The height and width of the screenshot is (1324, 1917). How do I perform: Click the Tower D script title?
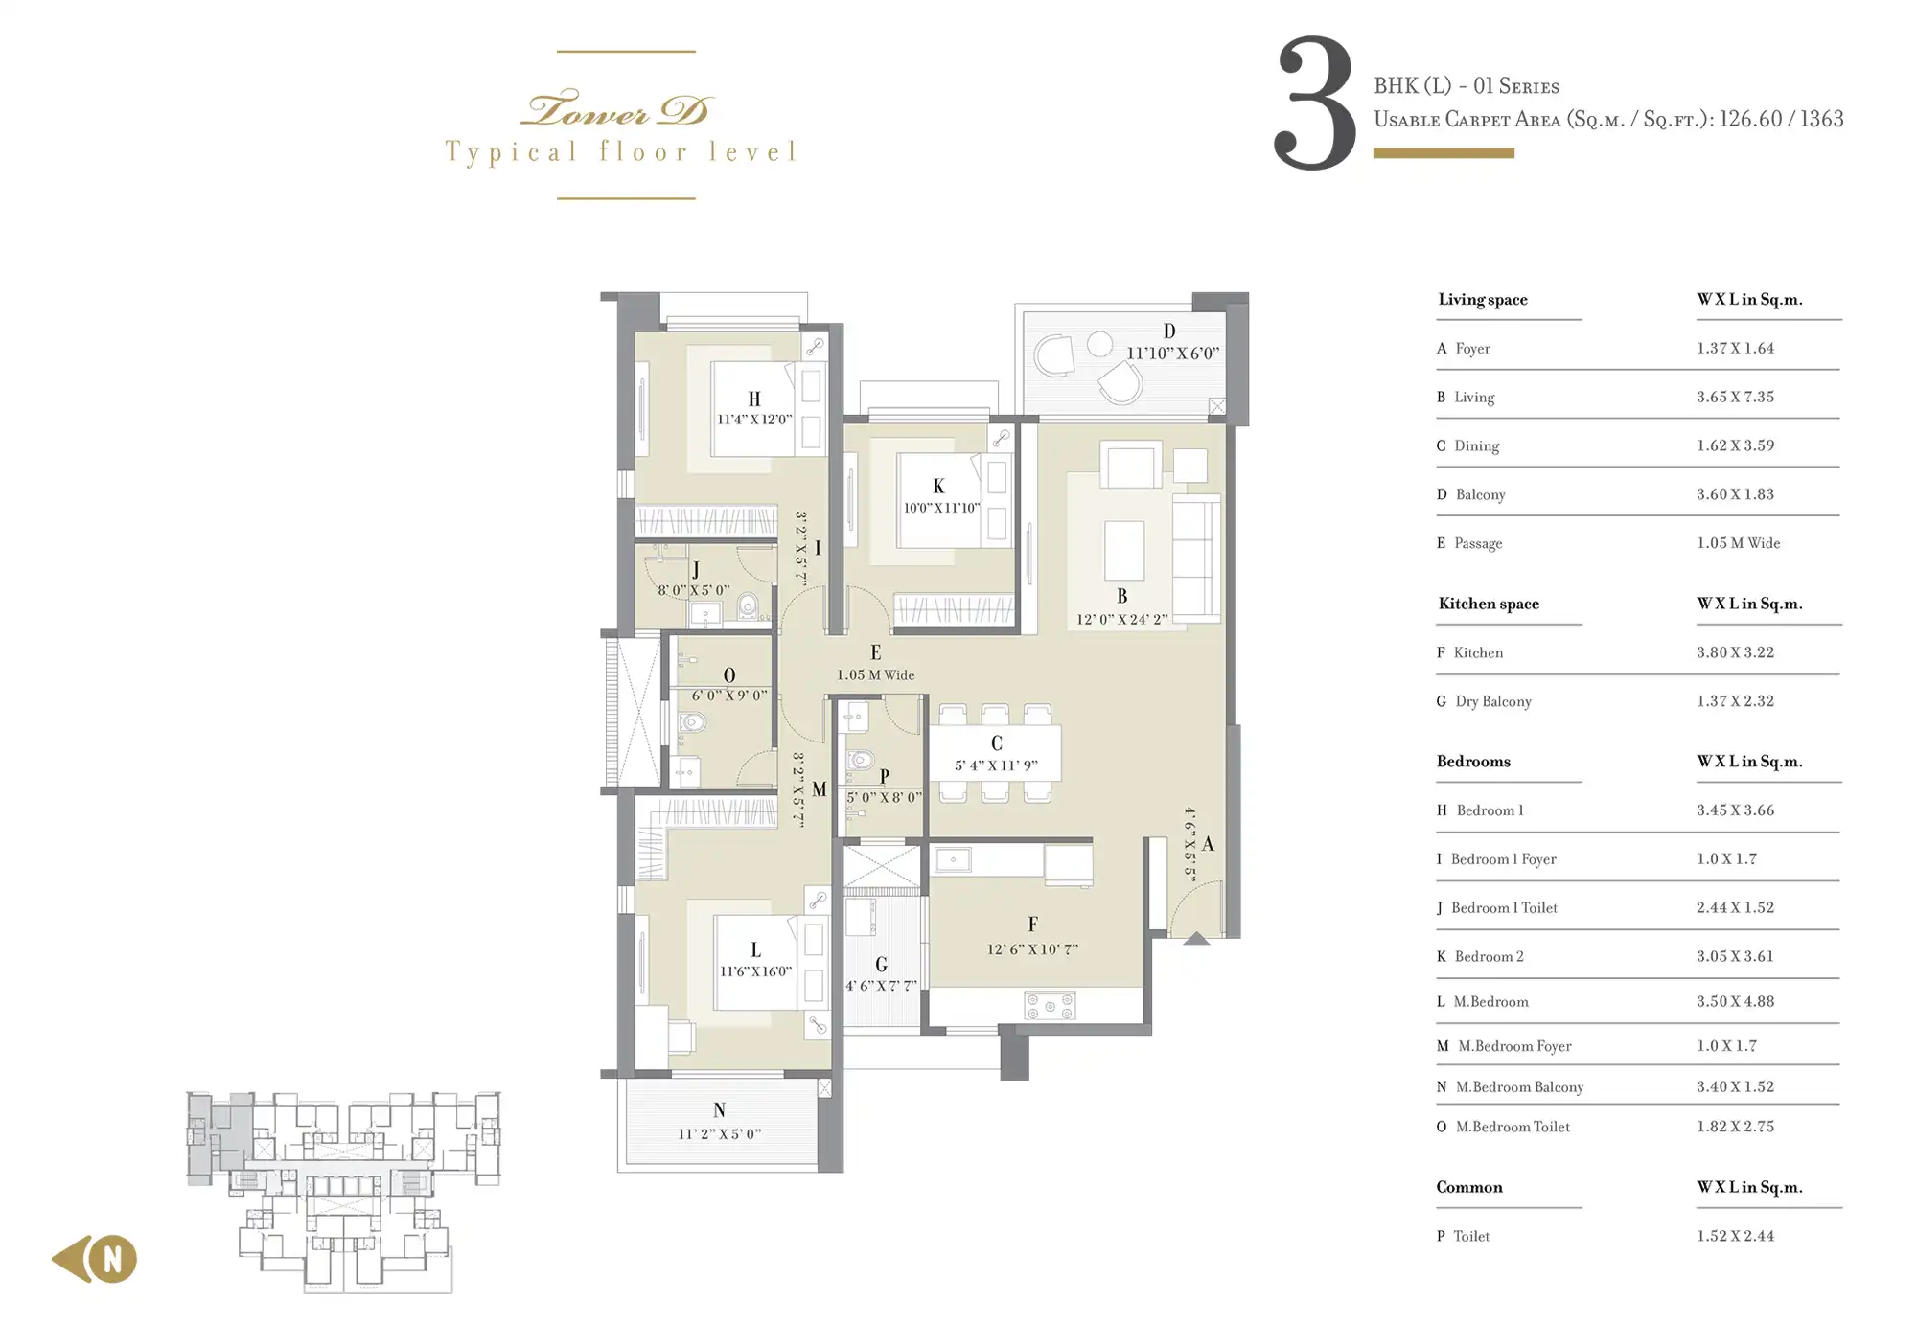click(615, 110)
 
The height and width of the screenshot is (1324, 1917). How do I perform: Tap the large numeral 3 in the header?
click(1314, 103)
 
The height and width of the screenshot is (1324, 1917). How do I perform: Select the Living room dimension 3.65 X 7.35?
click(1735, 397)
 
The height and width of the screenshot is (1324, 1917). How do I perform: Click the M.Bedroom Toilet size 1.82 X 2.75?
click(1735, 1127)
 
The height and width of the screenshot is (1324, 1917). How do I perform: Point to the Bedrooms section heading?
click(1473, 762)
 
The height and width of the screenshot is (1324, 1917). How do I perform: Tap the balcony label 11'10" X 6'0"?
click(1172, 353)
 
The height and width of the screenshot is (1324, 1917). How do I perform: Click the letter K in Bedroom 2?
click(938, 487)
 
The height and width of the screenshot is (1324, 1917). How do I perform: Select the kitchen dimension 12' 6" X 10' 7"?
click(1032, 949)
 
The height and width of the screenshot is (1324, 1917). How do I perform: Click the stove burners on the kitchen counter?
click(1051, 1006)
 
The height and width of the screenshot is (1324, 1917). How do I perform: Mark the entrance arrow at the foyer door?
click(1196, 938)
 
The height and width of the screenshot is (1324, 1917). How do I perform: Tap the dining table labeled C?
click(995, 753)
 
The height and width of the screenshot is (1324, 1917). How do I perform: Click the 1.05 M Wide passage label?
click(875, 674)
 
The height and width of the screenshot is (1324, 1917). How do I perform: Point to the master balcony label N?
click(719, 1110)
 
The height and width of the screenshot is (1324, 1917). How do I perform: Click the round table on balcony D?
click(1099, 344)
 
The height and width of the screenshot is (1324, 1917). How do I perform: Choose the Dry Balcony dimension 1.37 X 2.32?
click(1735, 701)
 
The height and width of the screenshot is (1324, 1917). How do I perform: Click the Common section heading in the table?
click(1469, 1187)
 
